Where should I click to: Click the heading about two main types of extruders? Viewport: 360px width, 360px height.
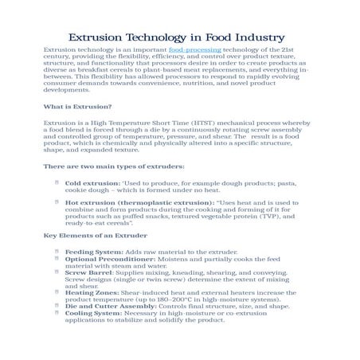coord(114,166)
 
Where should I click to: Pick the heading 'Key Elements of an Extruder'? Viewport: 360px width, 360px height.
coord(95,237)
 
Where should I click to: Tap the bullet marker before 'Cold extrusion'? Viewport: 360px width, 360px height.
coord(56,182)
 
